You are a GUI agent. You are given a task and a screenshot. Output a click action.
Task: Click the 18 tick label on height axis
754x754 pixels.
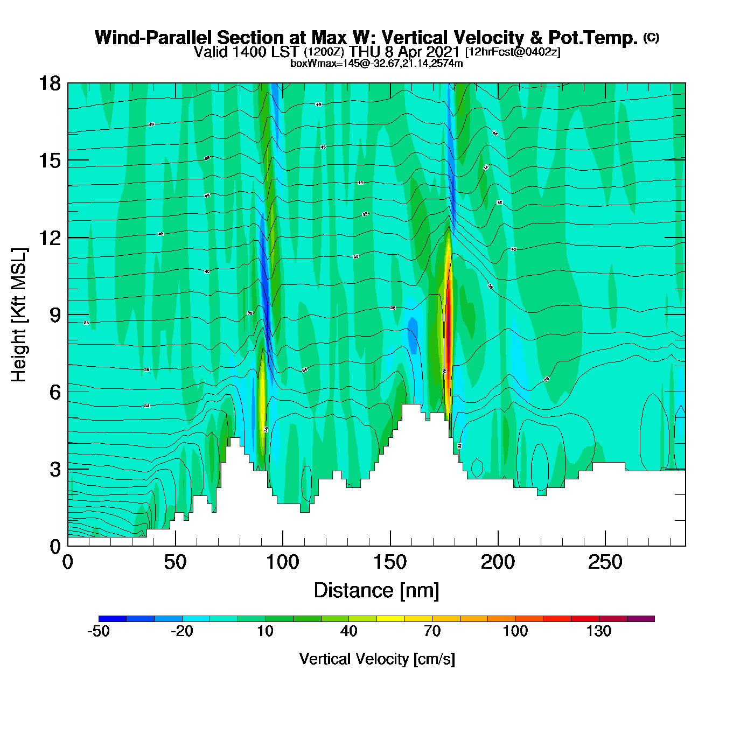tap(49, 83)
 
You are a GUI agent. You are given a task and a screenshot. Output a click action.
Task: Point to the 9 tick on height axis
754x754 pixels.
tap(55, 315)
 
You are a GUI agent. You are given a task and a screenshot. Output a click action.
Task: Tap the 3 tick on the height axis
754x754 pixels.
tap(55, 470)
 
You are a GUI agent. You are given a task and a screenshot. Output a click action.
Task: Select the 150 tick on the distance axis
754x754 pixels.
tap(390, 563)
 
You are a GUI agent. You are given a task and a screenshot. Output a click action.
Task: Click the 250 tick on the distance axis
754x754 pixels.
tap(605, 563)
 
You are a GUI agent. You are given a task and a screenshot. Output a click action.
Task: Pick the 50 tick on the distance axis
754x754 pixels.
tap(175, 563)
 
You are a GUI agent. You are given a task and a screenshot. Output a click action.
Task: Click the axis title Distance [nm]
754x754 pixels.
tap(376, 591)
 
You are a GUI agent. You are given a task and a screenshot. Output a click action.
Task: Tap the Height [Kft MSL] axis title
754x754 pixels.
tap(19, 315)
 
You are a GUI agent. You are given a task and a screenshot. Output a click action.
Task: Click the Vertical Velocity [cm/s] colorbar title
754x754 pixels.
tap(377, 659)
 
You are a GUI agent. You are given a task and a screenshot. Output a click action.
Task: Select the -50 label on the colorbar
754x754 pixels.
tap(99, 631)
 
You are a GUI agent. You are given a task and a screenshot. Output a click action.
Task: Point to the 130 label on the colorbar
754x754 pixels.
tap(598, 631)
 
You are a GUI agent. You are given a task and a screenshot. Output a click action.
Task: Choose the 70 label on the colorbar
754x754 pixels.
tap(432, 631)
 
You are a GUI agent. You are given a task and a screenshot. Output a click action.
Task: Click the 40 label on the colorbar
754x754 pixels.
tap(348, 631)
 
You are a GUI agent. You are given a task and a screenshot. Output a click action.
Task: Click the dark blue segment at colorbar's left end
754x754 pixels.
tap(113, 619)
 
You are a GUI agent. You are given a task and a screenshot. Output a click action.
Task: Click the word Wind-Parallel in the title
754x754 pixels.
tap(153, 38)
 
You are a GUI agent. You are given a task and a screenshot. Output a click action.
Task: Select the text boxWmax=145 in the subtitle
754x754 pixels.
tap(316, 64)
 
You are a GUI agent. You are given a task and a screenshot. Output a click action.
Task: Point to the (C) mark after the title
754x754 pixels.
tap(651, 37)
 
